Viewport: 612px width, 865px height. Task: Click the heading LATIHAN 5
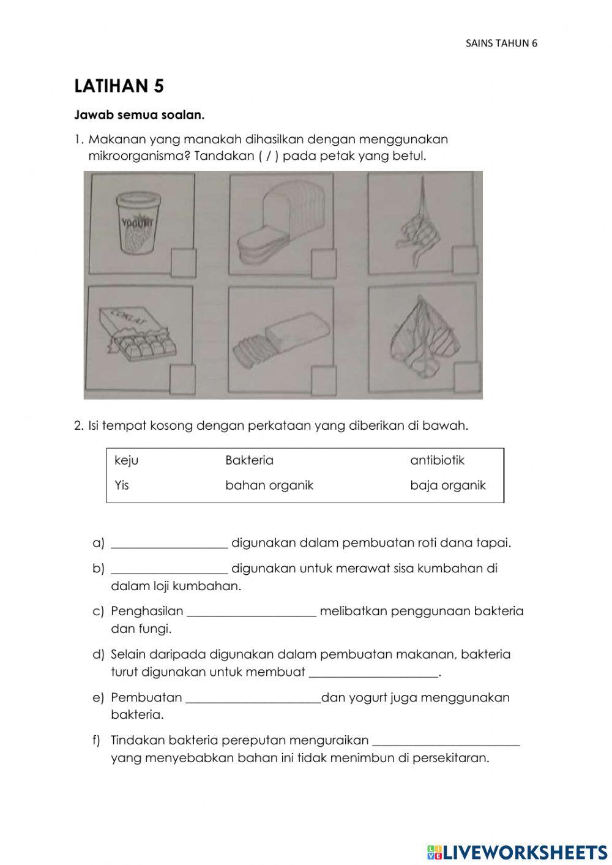pos(119,86)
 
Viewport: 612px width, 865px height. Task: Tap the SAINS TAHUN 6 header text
pos(501,43)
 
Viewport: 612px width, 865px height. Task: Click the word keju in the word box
pos(126,460)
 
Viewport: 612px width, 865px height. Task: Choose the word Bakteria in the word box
pos(249,460)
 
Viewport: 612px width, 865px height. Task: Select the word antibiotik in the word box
pos(437,460)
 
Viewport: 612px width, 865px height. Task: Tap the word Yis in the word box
pos(122,485)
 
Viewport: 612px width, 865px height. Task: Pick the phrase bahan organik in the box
pos(269,485)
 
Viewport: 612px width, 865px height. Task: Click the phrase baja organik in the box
pos(447,485)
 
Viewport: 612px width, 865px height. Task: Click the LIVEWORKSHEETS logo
pos(517,852)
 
